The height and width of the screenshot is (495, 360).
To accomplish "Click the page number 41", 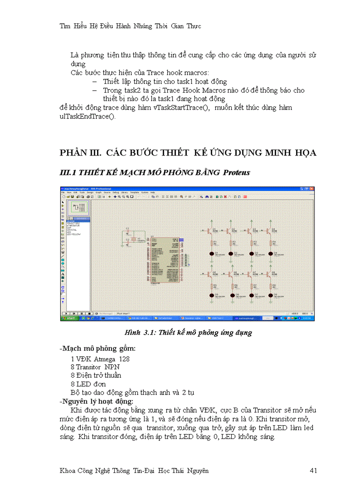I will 313,471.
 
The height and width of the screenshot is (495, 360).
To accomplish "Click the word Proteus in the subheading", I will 236,172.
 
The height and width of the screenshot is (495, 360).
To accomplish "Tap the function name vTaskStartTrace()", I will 183,108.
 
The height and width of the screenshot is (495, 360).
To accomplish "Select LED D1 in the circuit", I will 212,253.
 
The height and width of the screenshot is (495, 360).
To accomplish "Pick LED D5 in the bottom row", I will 212,295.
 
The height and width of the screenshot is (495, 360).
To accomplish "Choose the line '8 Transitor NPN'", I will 95,367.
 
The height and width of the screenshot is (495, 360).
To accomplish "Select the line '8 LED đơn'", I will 88,384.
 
